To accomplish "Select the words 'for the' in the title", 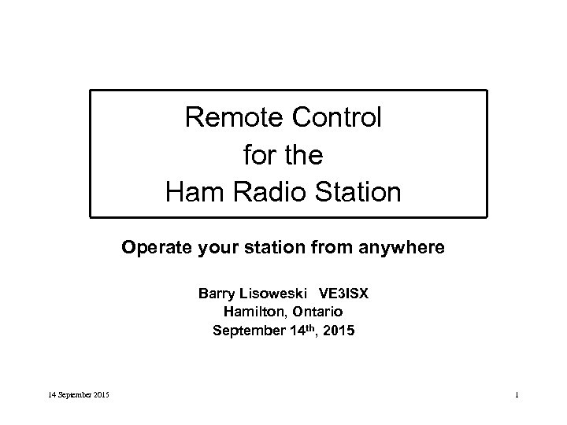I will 283,154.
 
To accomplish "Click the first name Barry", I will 216,294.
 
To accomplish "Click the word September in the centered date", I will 244,331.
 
